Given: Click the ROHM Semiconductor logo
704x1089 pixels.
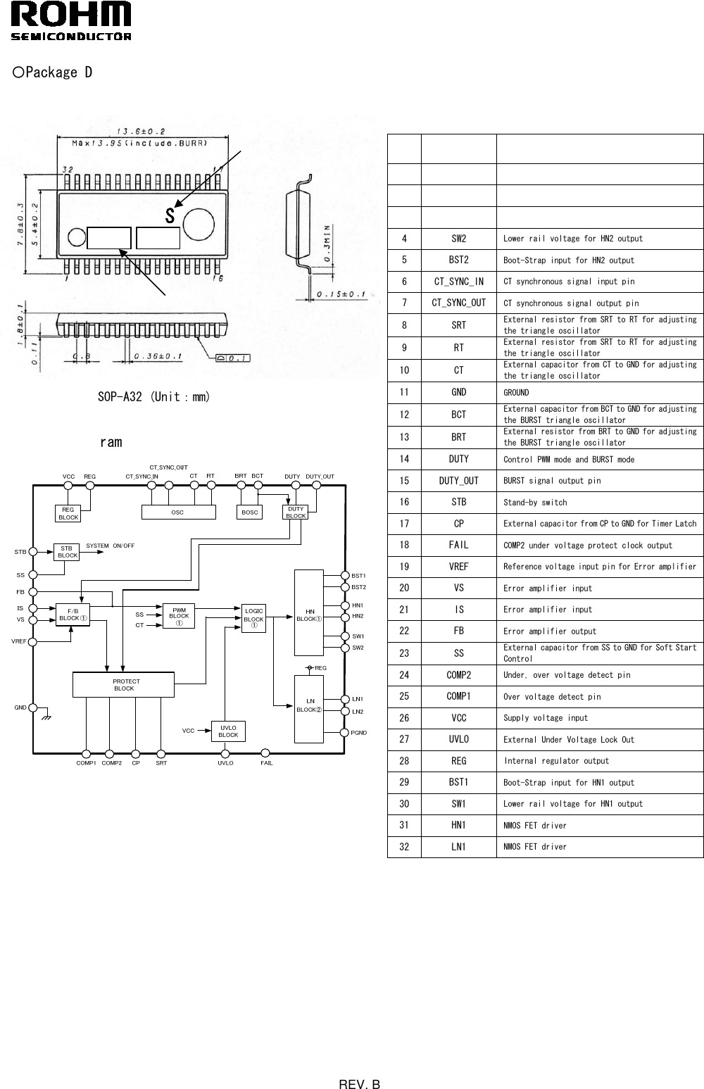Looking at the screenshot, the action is click(71, 21).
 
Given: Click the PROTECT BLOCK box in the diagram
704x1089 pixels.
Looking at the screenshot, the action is click(123, 684).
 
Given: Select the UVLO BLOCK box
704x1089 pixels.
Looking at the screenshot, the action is click(228, 731).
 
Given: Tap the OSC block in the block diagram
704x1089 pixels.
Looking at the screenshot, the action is click(178, 512).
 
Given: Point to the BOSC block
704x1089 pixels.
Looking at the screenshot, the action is click(250, 512).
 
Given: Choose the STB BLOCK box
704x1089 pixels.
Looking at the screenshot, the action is click(67, 552).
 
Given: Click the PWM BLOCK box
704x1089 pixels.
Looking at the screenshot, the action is click(179, 616).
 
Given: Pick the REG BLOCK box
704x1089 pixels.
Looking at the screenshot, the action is click(68, 513).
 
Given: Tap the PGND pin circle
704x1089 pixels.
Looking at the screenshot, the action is click(345, 733).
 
